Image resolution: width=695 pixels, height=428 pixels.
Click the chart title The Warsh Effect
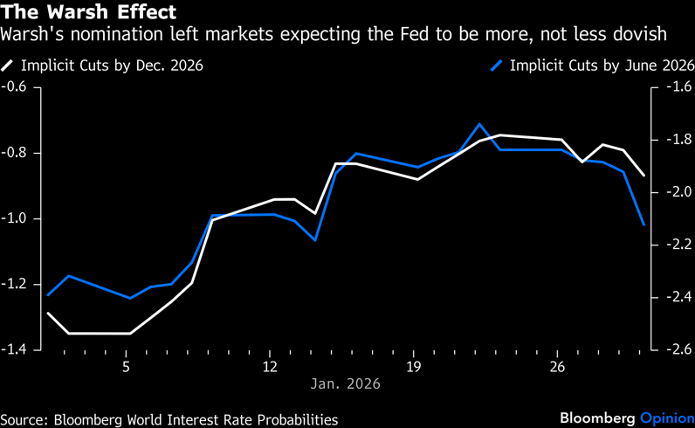click(89, 13)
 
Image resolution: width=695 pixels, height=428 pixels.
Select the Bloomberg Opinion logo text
click(625, 418)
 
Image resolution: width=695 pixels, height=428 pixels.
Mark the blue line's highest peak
click(479, 124)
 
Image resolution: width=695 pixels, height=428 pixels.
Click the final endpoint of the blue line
click(643, 224)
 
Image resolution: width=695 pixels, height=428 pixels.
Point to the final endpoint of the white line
click(643, 176)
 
